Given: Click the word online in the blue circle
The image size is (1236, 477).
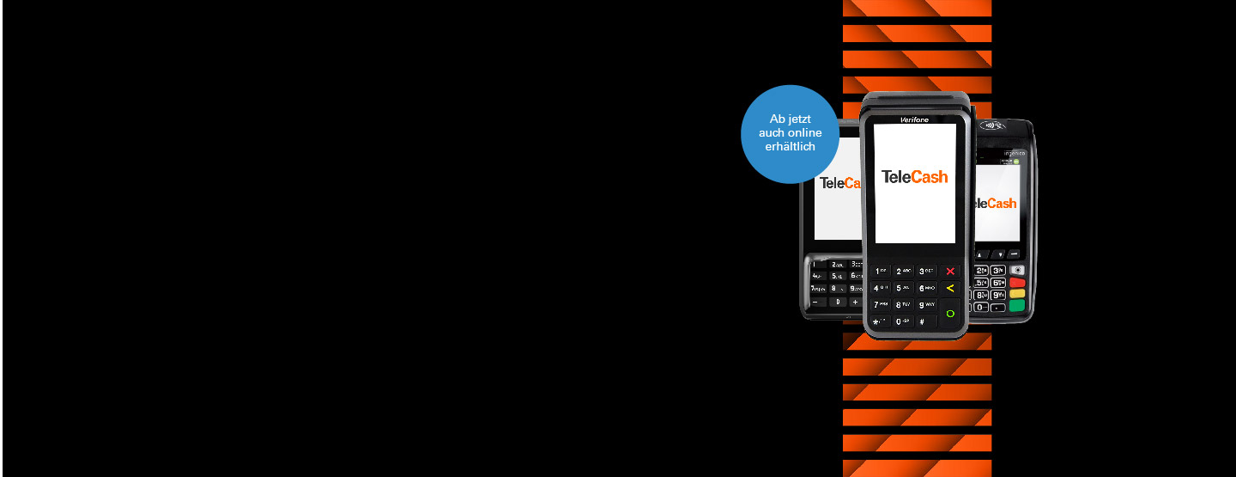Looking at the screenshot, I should [x=804, y=132].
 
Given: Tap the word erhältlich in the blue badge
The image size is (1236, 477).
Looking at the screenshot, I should [x=790, y=147].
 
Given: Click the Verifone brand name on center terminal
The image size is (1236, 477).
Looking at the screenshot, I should [x=914, y=119].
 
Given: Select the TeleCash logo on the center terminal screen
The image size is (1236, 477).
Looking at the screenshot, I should [x=914, y=177].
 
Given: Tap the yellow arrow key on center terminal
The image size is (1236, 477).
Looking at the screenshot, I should [x=950, y=288].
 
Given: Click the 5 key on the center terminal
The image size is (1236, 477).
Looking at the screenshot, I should [x=902, y=288].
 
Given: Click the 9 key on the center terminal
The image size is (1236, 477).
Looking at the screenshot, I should [x=926, y=304].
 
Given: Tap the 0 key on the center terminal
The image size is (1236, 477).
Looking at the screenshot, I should [x=902, y=321].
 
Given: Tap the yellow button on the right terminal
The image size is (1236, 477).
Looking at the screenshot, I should [x=1017, y=294].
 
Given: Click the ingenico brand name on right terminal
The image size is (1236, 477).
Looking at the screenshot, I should [x=1015, y=153].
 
